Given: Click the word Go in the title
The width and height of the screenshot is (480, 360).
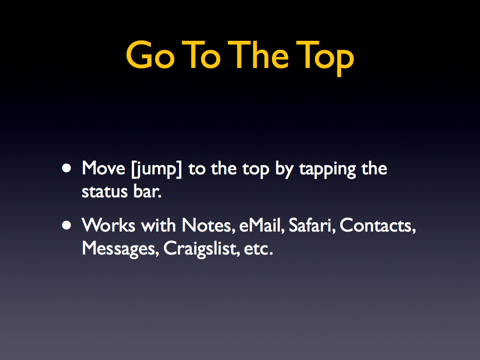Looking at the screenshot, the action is click(x=150, y=55).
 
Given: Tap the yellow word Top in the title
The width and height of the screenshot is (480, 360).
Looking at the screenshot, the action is click(x=325, y=58).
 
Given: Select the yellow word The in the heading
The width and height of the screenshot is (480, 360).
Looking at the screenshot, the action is click(x=258, y=55).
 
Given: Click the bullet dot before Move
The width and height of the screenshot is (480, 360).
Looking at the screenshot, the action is click(x=67, y=168).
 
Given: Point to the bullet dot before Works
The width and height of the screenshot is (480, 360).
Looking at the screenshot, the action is click(x=67, y=225).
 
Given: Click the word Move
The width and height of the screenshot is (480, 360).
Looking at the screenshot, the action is click(x=104, y=168).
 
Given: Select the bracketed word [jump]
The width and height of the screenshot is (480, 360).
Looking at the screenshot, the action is click(x=157, y=169).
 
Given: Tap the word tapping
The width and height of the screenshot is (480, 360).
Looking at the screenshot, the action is click(x=327, y=169).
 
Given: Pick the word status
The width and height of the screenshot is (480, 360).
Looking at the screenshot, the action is click(x=105, y=192).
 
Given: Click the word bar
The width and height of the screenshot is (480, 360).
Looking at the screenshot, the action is click(x=147, y=191).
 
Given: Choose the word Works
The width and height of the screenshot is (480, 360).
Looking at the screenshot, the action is click(x=108, y=225).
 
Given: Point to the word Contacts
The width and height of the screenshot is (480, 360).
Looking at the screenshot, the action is click(x=378, y=226).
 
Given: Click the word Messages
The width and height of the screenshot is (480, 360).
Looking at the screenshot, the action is click(x=120, y=249).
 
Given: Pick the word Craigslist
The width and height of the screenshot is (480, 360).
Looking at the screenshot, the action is click(x=202, y=249).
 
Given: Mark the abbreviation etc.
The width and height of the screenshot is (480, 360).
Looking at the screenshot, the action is click(x=258, y=249).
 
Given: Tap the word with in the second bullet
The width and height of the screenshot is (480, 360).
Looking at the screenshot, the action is click(x=158, y=225).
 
